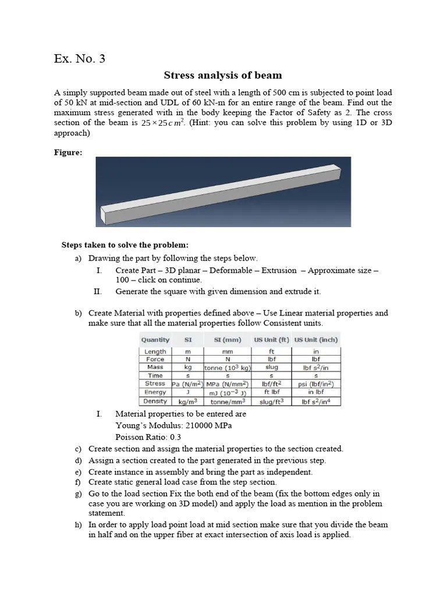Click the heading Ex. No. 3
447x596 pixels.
pos(80,59)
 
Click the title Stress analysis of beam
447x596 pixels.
pos(223,75)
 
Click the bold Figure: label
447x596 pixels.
pos(68,152)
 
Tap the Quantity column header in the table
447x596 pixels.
pos(155,340)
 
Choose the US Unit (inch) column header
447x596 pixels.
pos(316,340)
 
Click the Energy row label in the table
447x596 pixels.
pos(155,392)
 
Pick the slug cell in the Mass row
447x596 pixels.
pos(271,367)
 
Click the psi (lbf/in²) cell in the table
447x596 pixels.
pos(316,384)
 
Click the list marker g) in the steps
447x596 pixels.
pos(78,494)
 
